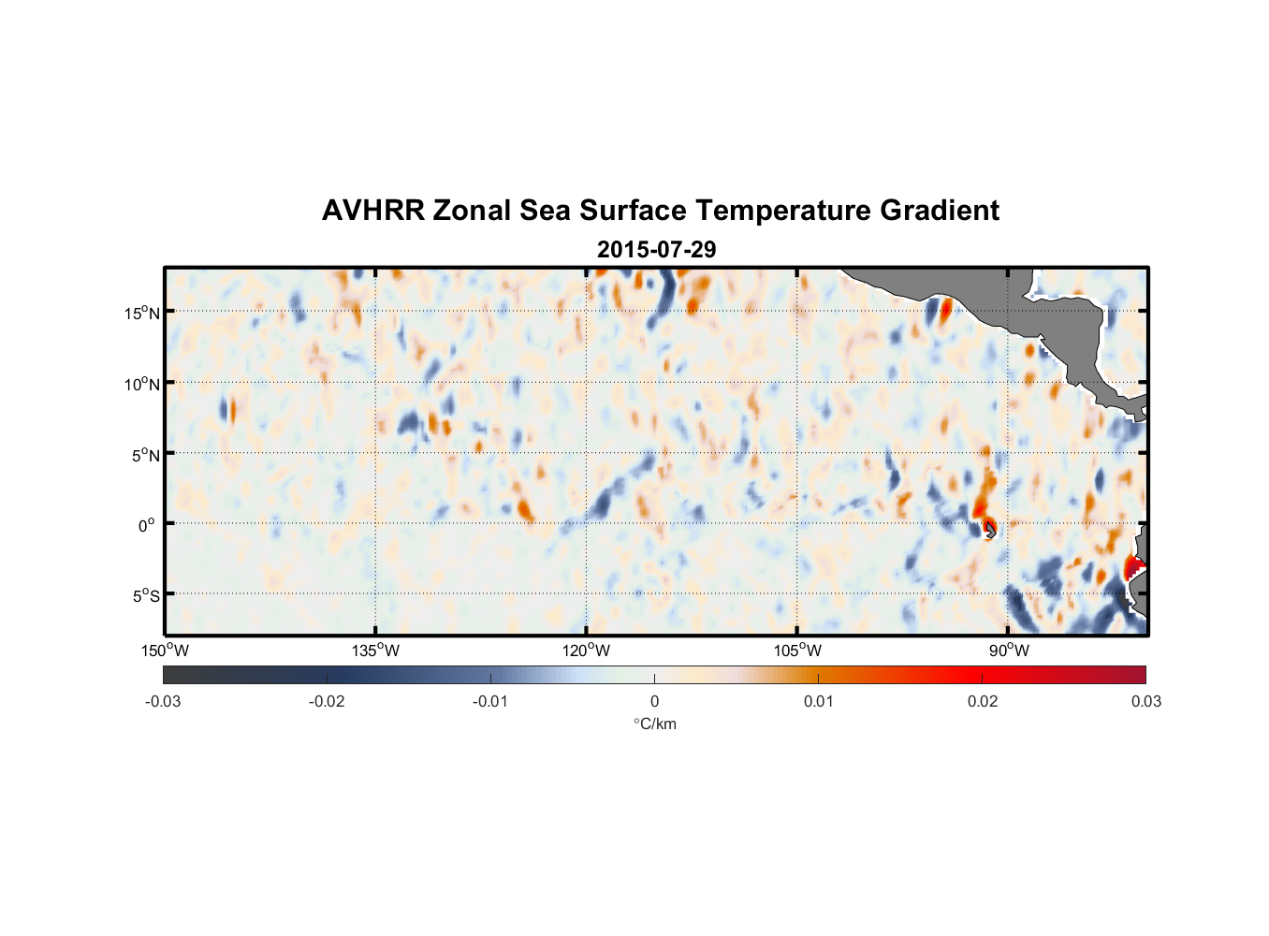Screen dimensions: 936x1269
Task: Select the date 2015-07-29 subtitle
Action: point(656,250)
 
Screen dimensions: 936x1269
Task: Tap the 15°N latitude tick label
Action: point(141,313)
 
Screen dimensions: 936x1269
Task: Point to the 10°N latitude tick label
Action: point(141,384)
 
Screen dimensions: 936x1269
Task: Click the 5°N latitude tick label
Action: point(144,455)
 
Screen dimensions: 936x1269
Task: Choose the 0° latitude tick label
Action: point(147,525)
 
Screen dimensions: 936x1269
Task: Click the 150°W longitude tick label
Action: point(165,651)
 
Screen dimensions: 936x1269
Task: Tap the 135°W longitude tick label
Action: point(376,651)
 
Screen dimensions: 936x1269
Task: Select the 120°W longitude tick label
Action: point(587,651)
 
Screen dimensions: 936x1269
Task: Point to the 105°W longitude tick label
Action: point(797,651)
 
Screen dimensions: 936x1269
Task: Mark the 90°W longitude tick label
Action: point(1008,651)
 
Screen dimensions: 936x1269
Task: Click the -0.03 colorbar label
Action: point(163,701)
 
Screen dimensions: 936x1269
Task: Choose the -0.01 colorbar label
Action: point(490,701)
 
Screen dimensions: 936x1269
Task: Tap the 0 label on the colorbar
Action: point(654,701)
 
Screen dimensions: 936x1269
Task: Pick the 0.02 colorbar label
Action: point(983,701)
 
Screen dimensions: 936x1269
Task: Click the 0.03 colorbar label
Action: point(1145,701)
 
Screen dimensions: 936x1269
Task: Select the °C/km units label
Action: point(655,724)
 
